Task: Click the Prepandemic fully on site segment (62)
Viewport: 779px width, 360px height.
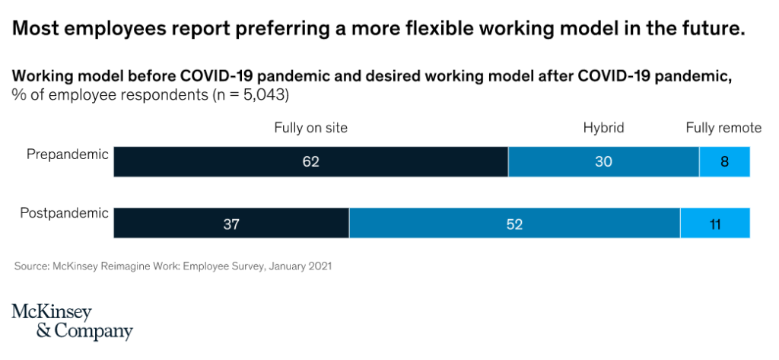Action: pos(310,162)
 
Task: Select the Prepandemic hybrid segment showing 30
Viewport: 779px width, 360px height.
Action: pos(603,162)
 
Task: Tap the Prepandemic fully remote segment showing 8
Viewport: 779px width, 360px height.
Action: pos(724,162)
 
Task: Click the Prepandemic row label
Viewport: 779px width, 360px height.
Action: pos(68,155)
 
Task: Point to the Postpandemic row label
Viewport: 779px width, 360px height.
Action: pos(65,213)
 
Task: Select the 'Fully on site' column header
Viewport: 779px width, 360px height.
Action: pos(310,128)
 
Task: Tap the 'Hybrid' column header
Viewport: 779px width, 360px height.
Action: pos(603,128)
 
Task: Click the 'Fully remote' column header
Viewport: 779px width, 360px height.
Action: pos(723,128)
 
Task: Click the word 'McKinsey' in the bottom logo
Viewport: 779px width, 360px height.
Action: pos(52,312)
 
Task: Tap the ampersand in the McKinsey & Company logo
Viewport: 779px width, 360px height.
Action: pos(43,331)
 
